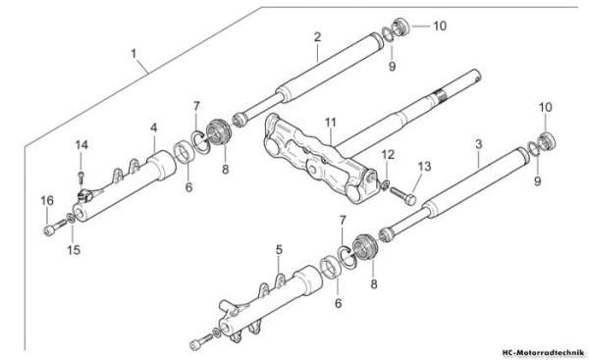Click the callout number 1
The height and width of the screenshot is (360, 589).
click(x=134, y=54)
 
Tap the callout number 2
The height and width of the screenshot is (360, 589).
click(x=317, y=37)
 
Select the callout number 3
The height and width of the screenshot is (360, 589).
click(x=479, y=144)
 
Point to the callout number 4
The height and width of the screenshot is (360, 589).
click(x=154, y=128)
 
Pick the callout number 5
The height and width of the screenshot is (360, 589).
click(x=279, y=249)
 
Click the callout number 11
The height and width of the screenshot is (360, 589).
click(x=331, y=123)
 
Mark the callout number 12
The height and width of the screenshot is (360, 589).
click(x=388, y=154)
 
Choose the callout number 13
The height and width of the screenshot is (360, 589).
click(x=425, y=167)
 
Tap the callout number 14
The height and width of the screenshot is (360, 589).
click(x=81, y=145)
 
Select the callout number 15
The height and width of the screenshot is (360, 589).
click(x=74, y=249)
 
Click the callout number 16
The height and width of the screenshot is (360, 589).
click(x=47, y=201)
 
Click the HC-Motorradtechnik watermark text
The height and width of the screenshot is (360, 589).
click(x=543, y=353)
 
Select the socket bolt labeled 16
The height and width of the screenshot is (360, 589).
click(x=55, y=228)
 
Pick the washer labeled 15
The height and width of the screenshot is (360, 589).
click(x=71, y=218)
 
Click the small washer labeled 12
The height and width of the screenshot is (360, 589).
click(x=385, y=185)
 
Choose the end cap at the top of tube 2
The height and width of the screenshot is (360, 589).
click(x=401, y=26)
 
